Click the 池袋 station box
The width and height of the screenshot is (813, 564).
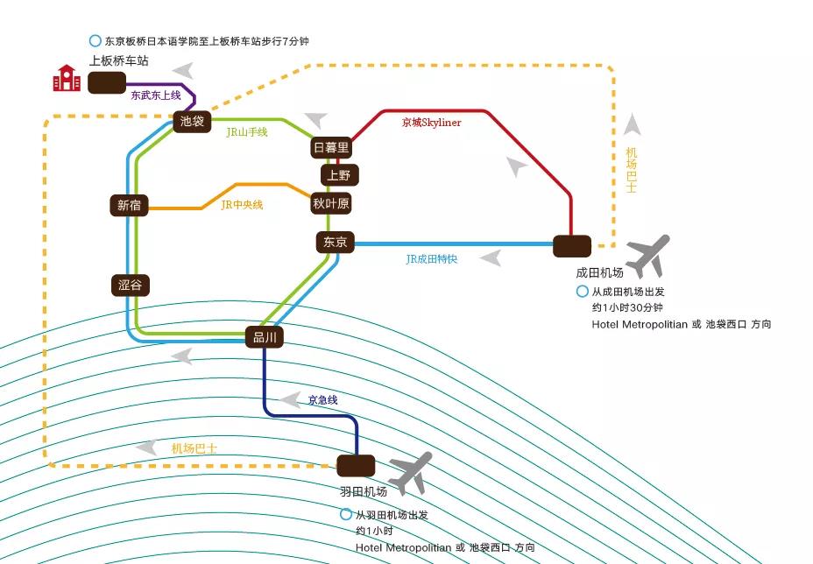coord(192,122)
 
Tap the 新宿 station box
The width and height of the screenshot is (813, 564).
coord(129,205)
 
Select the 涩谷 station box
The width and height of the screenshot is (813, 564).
coord(131,286)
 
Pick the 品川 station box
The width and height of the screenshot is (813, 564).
coord(265,337)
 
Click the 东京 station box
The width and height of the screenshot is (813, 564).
coord(336,242)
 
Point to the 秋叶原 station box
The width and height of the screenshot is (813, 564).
coord(331,204)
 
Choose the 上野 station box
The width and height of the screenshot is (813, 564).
coord(340,175)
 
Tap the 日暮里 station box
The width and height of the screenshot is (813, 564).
coord(331,148)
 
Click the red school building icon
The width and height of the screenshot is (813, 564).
coord(67,78)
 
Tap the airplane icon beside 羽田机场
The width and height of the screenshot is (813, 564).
coord(411,473)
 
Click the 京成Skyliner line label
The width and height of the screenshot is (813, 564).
coord(431,123)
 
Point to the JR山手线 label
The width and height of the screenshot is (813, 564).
coord(247,132)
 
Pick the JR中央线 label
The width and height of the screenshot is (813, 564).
coord(242,205)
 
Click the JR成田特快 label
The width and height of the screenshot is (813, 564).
coord(432,259)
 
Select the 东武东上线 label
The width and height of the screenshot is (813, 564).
coord(156,95)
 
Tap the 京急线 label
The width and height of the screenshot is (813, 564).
coord(322,400)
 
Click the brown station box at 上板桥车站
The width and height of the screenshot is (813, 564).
coord(107,83)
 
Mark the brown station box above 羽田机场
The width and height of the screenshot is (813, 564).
coord(356,466)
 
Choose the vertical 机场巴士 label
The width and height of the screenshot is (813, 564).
coord(631,170)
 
